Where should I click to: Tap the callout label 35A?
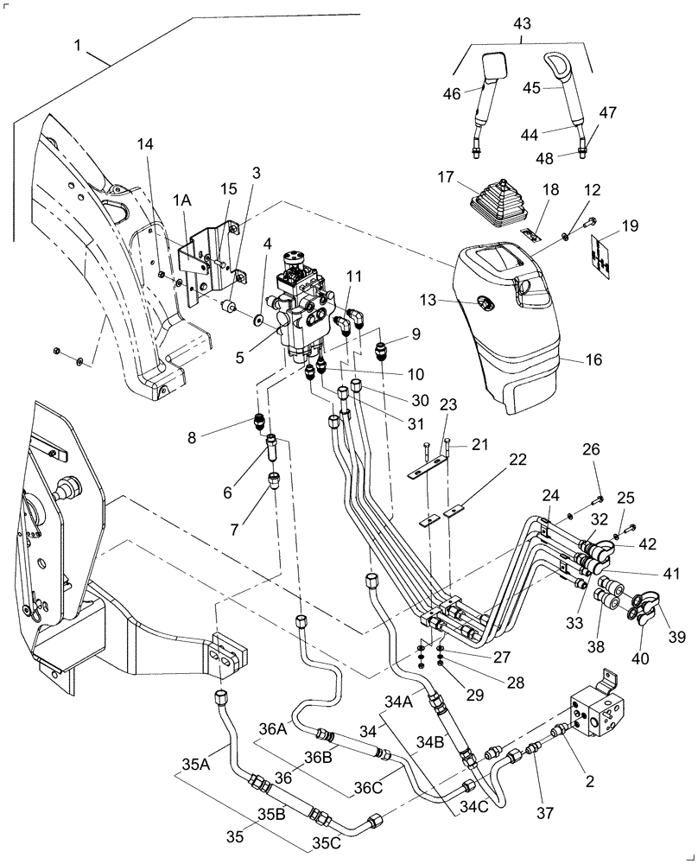point(196,763)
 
